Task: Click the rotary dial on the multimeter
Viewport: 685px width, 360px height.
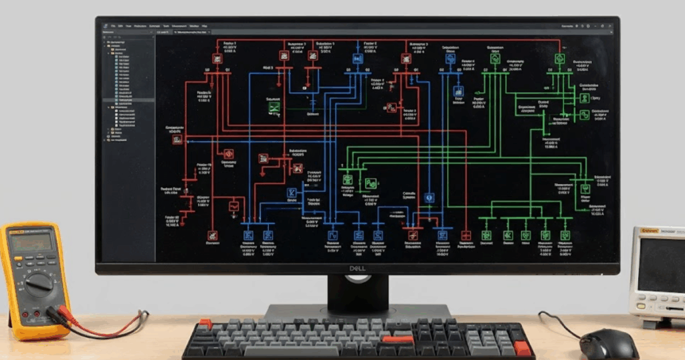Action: (39, 283)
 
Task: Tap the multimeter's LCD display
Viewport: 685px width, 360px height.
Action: (31, 242)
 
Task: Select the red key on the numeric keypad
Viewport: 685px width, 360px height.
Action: (522, 348)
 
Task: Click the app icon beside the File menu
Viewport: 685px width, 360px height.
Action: (105, 26)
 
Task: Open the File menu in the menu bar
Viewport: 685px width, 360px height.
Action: (114, 26)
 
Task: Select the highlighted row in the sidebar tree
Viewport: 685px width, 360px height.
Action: (127, 100)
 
